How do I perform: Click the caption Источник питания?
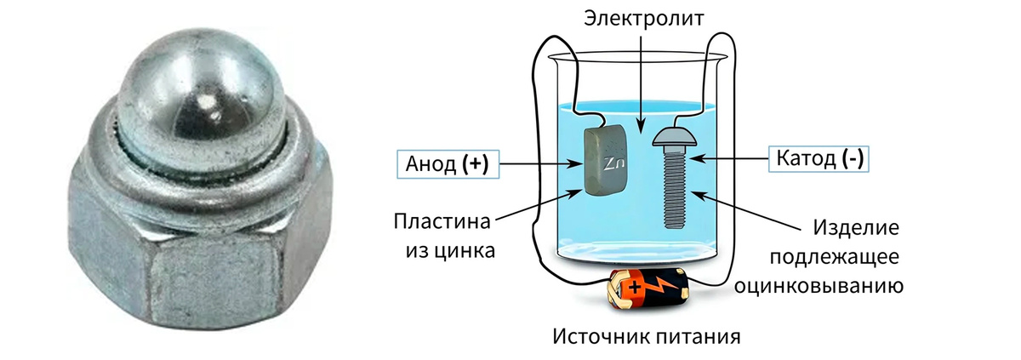point(647,335)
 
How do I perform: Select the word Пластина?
point(442,223)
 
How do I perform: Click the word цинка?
point(468,252)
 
